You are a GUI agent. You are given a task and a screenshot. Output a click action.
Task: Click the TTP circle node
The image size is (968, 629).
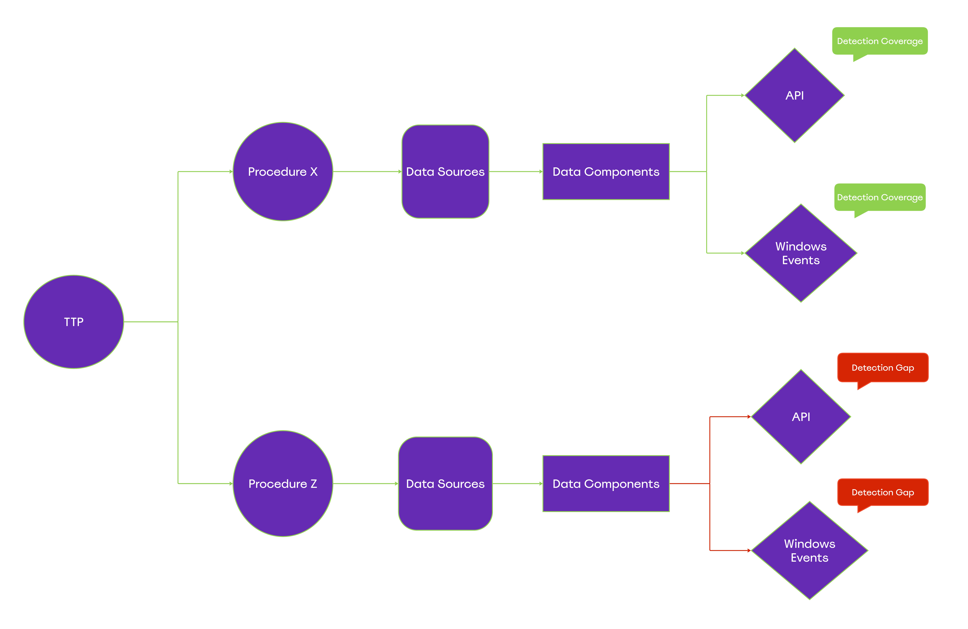pos(74,322)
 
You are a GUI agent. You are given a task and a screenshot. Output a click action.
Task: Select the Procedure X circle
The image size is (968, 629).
pos(283,172)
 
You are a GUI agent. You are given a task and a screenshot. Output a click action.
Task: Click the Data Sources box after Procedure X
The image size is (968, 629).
pos(445,172)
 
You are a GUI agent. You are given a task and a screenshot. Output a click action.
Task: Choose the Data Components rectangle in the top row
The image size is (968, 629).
pos(606,172)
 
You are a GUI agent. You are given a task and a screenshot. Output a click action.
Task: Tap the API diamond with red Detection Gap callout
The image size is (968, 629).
pos(801,417)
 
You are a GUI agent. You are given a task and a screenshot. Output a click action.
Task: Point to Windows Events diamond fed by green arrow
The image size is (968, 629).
pos(801,253)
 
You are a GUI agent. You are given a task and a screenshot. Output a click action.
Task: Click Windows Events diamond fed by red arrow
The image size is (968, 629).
pos(809,551)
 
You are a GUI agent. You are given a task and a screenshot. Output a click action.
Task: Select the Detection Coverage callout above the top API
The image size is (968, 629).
pos(880,41)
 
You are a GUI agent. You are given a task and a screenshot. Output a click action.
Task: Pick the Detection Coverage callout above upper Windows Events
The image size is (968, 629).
pos(880,197)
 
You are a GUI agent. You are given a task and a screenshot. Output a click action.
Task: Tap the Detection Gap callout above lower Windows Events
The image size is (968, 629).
pos(883,492)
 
